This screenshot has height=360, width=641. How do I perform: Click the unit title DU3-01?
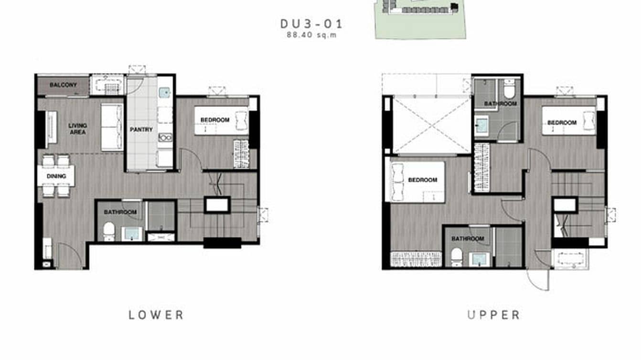(x=311, y=23)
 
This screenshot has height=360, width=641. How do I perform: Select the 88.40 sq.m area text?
(x=311, y=35)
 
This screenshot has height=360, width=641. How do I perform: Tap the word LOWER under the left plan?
(x=156, y=315)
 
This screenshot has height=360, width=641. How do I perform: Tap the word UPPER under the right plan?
(x=493, y=315)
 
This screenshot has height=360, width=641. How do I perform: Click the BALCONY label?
(x=63, y=85)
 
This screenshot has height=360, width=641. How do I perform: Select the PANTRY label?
(x=141, y=129)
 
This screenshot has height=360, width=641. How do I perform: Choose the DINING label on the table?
(x=56, y=176)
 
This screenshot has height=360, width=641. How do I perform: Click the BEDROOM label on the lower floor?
(x=214, y=120)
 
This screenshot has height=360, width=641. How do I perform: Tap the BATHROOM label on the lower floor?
(x=120, y=212)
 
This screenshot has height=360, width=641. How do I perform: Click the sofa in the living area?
(x=112, y=127)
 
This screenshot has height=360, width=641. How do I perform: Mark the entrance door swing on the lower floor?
(x=69, y=255)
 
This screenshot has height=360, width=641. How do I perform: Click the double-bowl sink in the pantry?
(x=165, y=138)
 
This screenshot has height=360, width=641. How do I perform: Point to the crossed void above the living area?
(x=432, y=125)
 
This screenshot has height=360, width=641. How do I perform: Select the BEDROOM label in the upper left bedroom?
(x=423, y=180)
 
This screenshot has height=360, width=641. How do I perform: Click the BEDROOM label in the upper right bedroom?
(x=562, y=123)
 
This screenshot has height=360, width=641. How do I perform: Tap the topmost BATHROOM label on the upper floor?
(x=500, y=104)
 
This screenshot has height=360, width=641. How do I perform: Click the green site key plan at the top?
(x=419, y=19)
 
